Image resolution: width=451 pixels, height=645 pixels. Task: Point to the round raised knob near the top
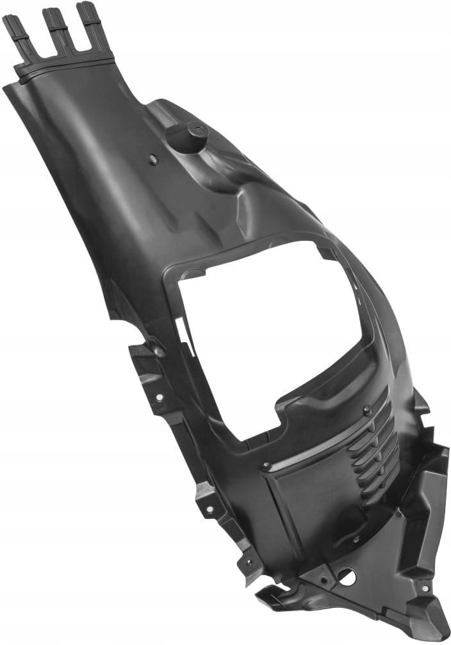pyautogui.click(x=186, y=136)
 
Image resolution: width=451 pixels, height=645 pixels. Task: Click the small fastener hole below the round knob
pyautogui.click(x=153, y=159)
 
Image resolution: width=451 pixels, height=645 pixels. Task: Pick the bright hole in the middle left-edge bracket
pyautogui.click(x=208, y=511)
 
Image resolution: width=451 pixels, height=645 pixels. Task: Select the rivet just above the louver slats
pyautogui.click(x=366, y=409)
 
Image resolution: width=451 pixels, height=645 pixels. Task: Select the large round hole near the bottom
pyautogui.click(x=347, y=576)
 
